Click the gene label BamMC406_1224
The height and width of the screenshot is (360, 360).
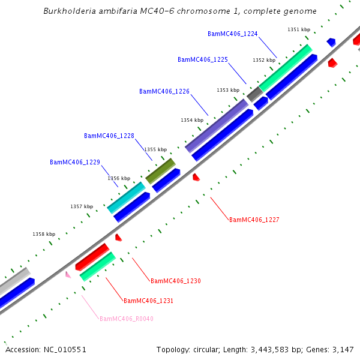coord(232,34)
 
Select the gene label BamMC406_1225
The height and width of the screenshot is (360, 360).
coord(203,59)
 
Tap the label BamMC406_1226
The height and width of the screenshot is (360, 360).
coord(164,91)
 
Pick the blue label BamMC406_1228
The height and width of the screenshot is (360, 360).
coord(109,136)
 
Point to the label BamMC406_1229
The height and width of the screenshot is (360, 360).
coord(75,162)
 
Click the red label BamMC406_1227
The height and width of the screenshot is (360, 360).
coord(254,220)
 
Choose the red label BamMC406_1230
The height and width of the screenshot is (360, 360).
coord(176,281)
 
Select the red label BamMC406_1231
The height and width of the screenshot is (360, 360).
coord(148,301)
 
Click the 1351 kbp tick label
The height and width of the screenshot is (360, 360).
coord(299,29)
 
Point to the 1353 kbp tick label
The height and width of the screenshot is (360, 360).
coord(228,90)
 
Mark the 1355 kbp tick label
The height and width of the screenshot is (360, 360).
coord(155,149)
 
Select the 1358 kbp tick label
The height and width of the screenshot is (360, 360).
coord(44,234)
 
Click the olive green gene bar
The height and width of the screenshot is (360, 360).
coord(160,171)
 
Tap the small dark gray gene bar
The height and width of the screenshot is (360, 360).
coord(254,94)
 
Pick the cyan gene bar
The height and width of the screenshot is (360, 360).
coord(126,197)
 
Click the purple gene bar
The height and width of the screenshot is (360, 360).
coord(217,126)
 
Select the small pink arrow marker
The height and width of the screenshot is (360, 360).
coord(68,275)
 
